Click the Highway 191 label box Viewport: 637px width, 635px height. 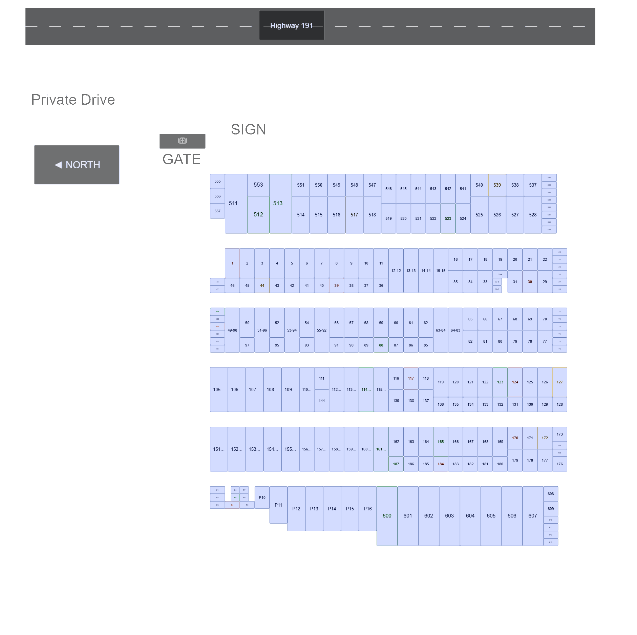(x=292, y=25)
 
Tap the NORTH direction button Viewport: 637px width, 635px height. (x=77, y=165)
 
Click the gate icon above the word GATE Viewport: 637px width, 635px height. (x=183, y=141)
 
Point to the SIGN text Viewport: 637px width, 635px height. (x=249, y=129)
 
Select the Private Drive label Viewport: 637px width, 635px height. (x=73, y=100)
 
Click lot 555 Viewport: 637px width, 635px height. (x=217, y=181)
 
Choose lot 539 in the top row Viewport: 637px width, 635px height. (x=497, y=185)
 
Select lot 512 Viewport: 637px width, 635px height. (x=258, y=215)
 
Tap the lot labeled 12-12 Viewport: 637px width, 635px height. (x=396, y=271)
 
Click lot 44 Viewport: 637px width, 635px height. (x=262, y=285)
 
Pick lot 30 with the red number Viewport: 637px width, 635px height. (x=530, y=282)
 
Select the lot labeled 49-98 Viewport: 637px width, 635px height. (x=232, y=330)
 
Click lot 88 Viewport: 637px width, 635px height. (x=381, y=345)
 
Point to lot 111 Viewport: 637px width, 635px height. (x=322, y=378)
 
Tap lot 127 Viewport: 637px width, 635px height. (x=559, y=382)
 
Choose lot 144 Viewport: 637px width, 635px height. (x=322, y=401)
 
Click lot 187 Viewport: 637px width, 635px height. (x=396, y=464)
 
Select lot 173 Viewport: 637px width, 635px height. (x=559, y=434)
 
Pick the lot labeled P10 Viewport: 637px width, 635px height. (x=262, y=498)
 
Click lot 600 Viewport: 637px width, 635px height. (x=387, y=516)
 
